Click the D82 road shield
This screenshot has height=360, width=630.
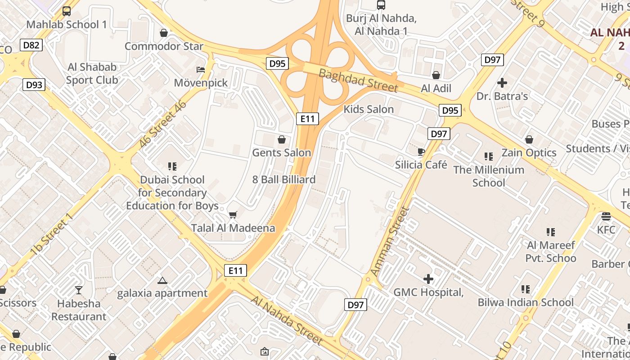(x=31, y=45)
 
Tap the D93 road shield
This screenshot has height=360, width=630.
(x=34, y=84)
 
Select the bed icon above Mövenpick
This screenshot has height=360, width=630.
(x=201, y=70)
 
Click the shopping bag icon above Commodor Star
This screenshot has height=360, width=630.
(x=164, y=33)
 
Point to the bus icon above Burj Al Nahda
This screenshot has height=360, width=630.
(x=381, y=5)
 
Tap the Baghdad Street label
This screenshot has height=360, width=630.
(x=358, y=80)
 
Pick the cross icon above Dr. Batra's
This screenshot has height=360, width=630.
(x=502, y=83)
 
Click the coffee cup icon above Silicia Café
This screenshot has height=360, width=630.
(x=421, y=152)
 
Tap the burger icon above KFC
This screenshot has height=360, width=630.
(x=606, y=216)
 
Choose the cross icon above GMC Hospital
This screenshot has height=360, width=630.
(x=428, y=279)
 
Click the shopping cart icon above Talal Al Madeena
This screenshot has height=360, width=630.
(x=233, y=215)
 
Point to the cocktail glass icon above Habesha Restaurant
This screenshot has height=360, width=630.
(x=79, y=290)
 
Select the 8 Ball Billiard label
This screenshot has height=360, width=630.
(x=283, y=180)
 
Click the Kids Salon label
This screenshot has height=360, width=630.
(x=369, y=109)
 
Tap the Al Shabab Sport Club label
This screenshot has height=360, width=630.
(x=92, y=73)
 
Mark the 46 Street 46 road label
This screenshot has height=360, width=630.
(x=162, y=124)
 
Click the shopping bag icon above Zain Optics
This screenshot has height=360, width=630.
(x=529, y=139)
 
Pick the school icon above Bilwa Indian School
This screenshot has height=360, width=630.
(x=525, y=289)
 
